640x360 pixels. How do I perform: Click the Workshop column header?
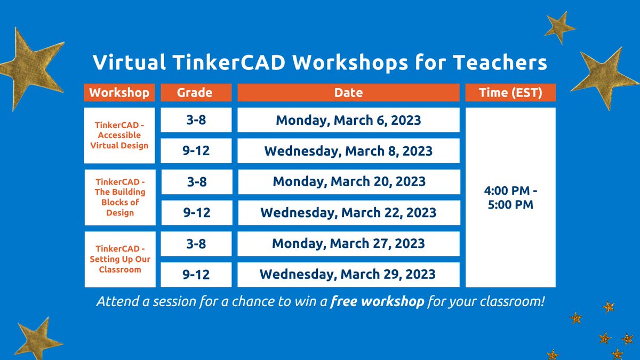point(119,92)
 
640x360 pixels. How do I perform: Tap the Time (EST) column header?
point(510,92)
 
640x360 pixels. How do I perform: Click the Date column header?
point(348,92)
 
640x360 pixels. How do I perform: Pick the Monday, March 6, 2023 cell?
point(348,120)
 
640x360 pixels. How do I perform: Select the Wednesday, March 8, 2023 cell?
point(348,151)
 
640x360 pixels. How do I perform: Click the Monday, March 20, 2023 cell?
point(348,181)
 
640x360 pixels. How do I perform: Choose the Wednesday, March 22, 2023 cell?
point(348,212)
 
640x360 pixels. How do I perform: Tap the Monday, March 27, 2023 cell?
point(348,243)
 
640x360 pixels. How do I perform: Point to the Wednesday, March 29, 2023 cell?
point(348,274)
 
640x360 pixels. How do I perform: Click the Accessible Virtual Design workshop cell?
point(119,135)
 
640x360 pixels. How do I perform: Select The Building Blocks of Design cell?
point(119,197)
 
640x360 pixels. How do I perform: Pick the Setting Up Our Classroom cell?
point(119,259)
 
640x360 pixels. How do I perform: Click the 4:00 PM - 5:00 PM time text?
point(510,197)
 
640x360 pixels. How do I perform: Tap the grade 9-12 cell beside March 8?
point(196,151)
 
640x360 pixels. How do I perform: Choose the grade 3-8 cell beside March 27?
point(196,243)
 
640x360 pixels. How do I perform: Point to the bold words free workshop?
point(377,301)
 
